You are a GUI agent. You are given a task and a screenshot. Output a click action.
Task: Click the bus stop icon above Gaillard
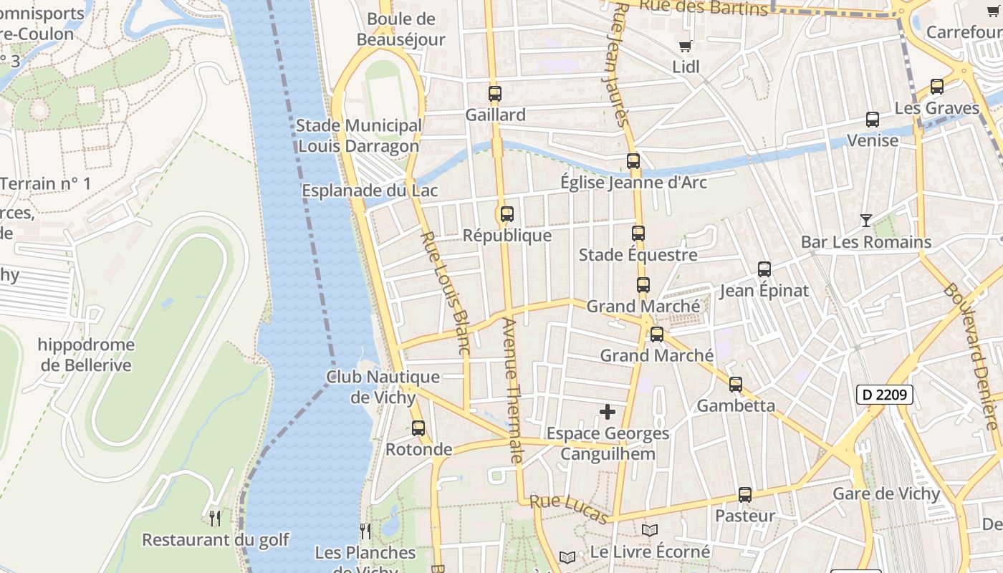point(494,94)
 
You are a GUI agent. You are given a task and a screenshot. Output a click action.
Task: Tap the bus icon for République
point(507,214)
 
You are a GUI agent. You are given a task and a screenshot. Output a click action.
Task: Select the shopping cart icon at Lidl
point(686,46)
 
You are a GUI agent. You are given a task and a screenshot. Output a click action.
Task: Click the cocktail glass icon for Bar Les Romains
point(866,221)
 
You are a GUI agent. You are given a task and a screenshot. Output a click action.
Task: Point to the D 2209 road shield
point(884,394)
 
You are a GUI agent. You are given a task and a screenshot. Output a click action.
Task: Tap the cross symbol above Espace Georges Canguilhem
point(608,412)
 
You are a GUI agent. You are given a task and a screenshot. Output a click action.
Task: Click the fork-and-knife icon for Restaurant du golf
point(214,518)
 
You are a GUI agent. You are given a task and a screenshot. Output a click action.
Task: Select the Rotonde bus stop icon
point(418,428)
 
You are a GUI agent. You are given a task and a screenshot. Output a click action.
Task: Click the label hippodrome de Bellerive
point(86,355)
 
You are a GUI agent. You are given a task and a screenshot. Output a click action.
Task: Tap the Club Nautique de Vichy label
point(383,387)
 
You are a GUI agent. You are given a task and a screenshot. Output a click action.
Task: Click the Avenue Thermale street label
point(513,390)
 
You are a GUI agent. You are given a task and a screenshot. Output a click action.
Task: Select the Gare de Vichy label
point(886,493)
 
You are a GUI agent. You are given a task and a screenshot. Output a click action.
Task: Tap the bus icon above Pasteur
point(745,495)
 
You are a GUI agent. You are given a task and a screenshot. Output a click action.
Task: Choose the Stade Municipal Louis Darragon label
point(358,135)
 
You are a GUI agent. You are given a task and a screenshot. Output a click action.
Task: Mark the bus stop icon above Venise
point(873,120)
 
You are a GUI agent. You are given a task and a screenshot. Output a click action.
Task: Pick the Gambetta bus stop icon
point(736,385)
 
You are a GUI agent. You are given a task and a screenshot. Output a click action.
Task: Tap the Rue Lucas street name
point(570,509)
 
